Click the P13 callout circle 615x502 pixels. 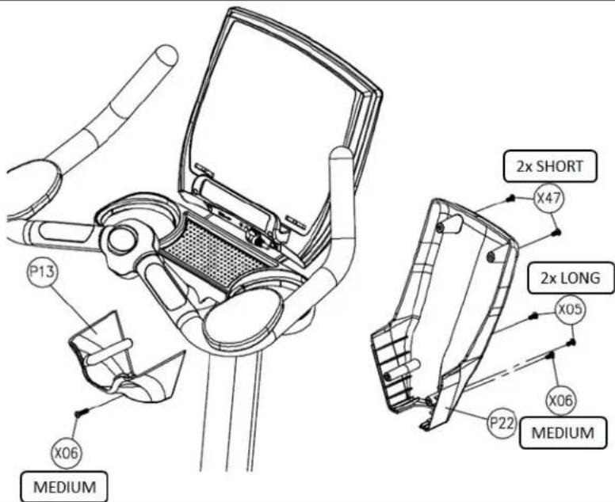[x=42, y=271]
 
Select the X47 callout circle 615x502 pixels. [x=549, y=198]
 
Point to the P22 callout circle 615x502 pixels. [x=502, y=423]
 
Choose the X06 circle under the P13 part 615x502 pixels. [x=67, y=453]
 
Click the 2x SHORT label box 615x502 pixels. [x=550, y=166]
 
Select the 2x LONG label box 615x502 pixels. [x=571, y=278]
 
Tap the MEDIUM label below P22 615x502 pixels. [x=563, y=432]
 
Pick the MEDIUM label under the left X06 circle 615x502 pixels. [x=64, y=487]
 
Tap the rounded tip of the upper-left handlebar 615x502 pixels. [x=167, y=55]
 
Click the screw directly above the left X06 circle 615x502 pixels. [x=80, y=412]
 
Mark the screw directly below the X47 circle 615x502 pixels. [x=556, y=233]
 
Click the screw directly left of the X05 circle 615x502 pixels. [x=533, y=315]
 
